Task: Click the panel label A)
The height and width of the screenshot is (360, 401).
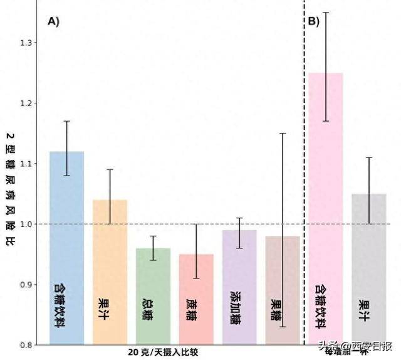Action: click(53, 21)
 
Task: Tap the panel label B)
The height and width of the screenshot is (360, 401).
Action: click(313, 21)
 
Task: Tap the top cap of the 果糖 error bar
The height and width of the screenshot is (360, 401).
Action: click(283, 134)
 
